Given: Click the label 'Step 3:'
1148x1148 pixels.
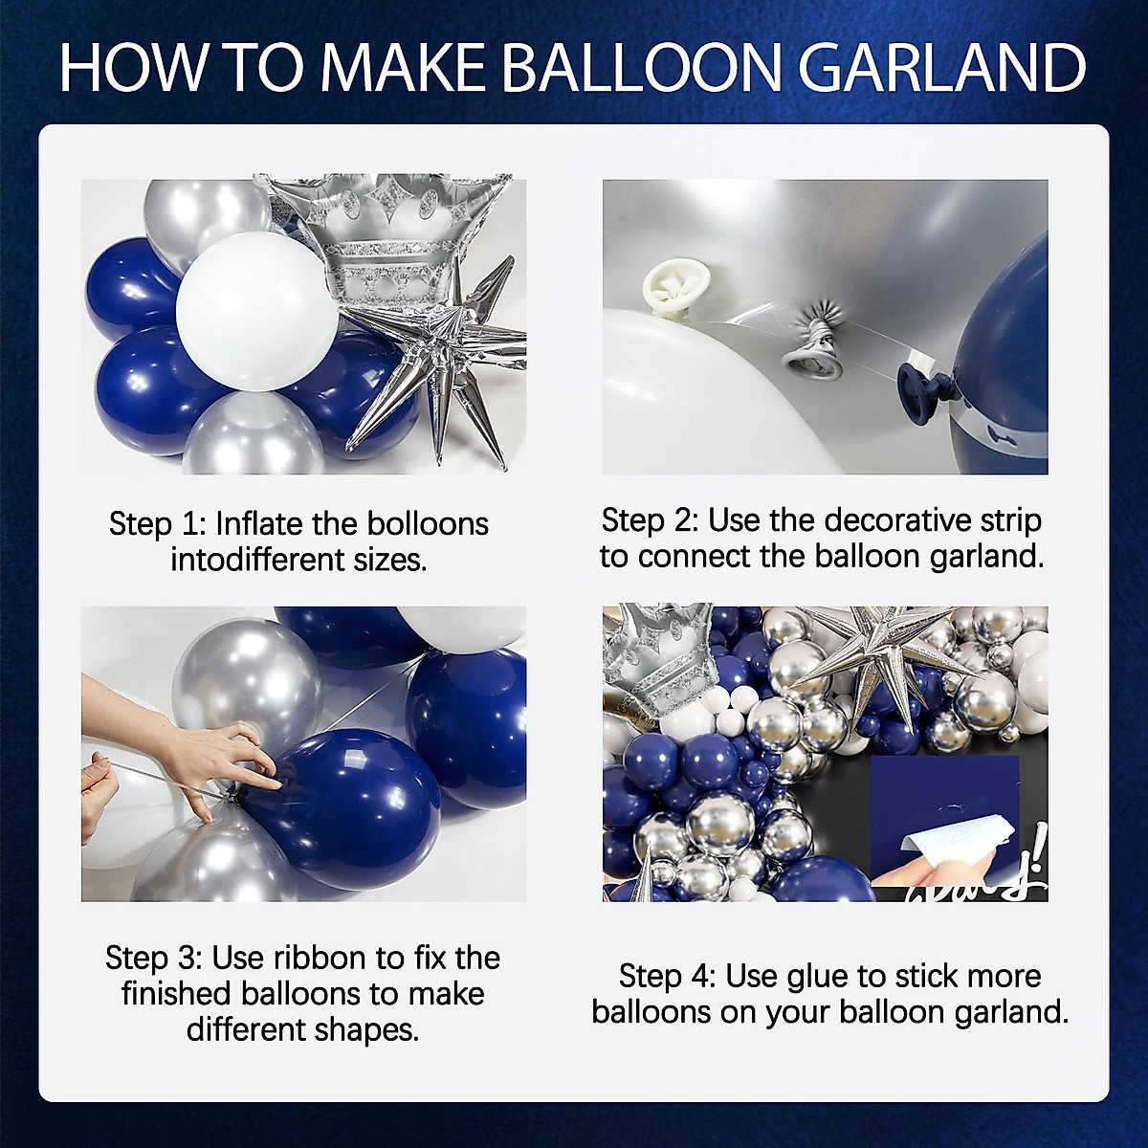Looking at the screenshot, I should tap(153, 958).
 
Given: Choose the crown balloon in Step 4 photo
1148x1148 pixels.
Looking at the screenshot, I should tap(660, 660).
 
